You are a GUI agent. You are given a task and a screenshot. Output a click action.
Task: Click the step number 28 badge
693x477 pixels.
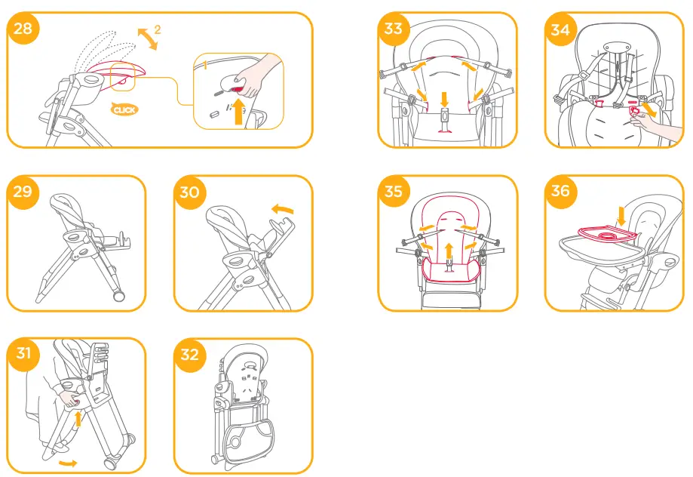click(x=23, y=29)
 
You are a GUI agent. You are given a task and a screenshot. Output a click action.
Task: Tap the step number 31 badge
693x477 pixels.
click(x=23, y=353)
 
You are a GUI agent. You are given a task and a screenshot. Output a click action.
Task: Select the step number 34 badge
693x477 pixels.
click(x=560, y=29)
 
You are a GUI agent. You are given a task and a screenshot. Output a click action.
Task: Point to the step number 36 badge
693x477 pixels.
click(x=560, y=191)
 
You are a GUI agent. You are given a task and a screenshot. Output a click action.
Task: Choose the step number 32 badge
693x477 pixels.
click(x=189, y=353)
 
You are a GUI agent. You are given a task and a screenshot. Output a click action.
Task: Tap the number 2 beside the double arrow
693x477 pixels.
click(x=158, y=30)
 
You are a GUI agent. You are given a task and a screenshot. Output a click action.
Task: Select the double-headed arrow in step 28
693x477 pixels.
click(x=148, y=38)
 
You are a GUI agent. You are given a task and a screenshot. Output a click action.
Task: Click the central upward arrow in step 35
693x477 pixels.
click(x=449, y=251)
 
